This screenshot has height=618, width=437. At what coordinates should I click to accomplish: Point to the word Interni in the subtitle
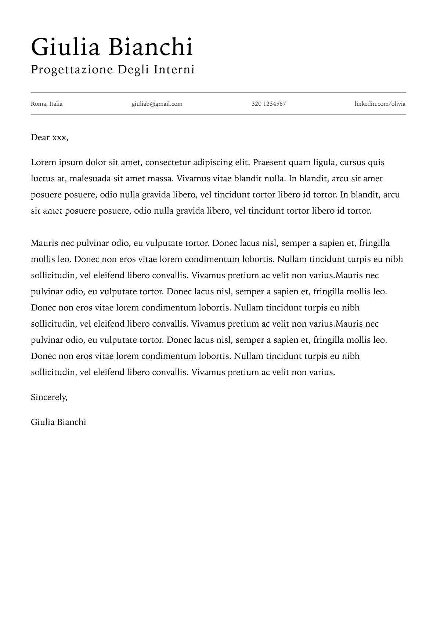[174, 69]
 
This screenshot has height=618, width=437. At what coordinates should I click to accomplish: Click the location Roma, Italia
[47, 104]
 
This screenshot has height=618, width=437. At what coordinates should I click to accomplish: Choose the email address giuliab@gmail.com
[157, 104]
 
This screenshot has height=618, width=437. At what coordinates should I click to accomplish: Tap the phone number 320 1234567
[268, 104]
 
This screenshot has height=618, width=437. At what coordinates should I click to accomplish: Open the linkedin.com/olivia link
[380, 104]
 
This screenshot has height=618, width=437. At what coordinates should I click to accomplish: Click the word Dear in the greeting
[40, 138]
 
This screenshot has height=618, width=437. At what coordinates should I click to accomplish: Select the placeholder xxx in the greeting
[60, 138]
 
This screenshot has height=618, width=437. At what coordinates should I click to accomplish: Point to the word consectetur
[168, 163]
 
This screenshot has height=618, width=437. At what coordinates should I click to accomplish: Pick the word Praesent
[269, 163]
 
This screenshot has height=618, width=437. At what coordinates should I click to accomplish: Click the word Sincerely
[49, 397]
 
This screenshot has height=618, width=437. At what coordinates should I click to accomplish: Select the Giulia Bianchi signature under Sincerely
[58, 422]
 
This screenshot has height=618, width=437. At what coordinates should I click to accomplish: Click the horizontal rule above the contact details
[218, 93]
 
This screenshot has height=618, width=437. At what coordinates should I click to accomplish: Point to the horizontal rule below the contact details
[218, 114]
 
